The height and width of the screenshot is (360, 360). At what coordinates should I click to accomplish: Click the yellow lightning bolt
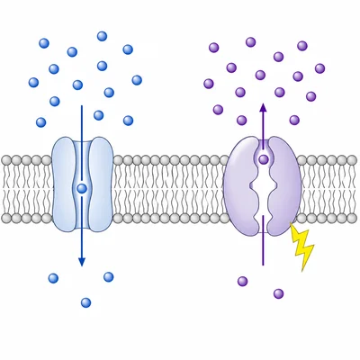click(x=301, y=247)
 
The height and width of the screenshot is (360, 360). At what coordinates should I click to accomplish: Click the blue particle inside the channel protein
click(x=82, y=188)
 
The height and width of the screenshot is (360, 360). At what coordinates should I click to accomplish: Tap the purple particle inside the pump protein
click(x=264, y=159)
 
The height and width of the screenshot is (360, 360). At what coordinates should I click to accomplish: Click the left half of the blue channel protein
click(x=65, y=180)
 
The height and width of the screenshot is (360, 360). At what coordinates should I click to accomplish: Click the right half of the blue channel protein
click(x=100, y=180)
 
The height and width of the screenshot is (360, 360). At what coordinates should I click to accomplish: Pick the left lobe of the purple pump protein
click(x=241, y=180)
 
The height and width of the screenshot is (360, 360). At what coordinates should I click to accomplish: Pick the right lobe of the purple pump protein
click(x=286, y=180)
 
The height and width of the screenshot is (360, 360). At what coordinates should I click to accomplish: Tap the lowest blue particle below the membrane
click(x=85, y=302)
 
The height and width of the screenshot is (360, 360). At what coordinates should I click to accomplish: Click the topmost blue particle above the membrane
click(x=102, y=37)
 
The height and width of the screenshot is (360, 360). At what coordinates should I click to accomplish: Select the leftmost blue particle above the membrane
click(x=34, y=83)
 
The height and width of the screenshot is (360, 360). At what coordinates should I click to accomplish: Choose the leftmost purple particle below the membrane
click(x=242, y=282)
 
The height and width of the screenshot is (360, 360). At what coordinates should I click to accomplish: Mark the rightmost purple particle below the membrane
click(x=278, y=293)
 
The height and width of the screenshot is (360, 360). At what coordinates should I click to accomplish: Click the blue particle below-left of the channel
click(x=53, y=278)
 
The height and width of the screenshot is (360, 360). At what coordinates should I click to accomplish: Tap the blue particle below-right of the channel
click(x=109, y=276)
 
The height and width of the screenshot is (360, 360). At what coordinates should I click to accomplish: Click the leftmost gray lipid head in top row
click(x=5, y=160)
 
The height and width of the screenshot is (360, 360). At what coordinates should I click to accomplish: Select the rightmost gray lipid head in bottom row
click(x=355, y=219)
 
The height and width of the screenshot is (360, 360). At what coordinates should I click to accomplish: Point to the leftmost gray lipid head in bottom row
click(x=5, y=219)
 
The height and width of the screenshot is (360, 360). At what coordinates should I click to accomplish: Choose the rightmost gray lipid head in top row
click(x=355, y=160)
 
